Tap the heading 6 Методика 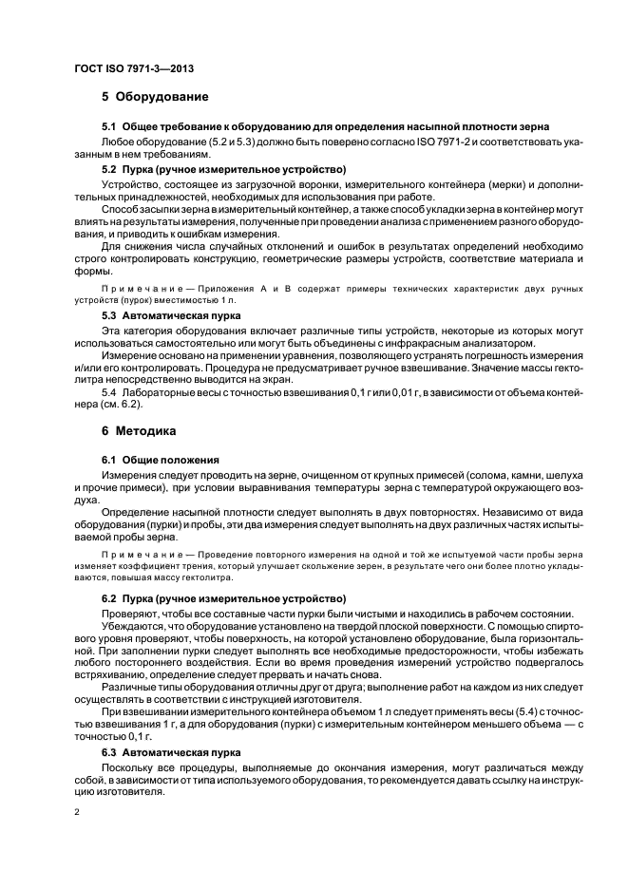[139, 430]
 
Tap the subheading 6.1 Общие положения [161, 459]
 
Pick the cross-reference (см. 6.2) [144, 403]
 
